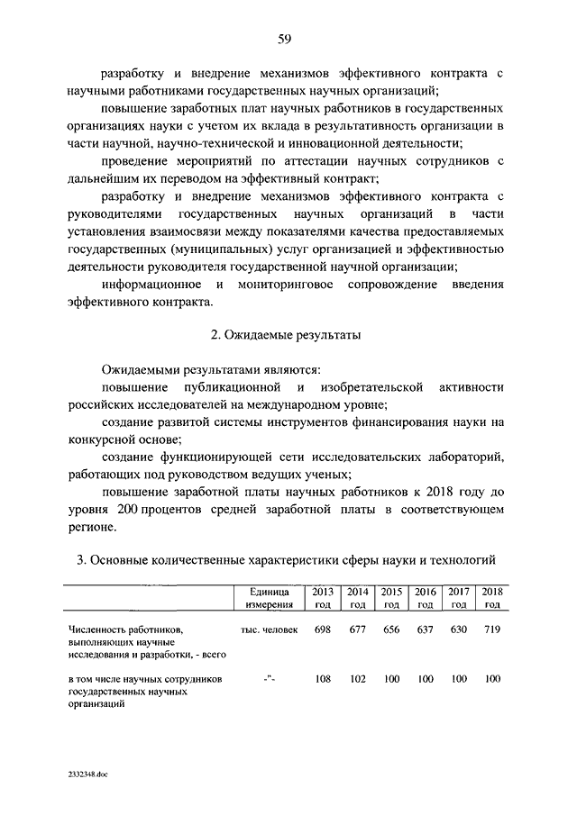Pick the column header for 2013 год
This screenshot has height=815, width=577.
click(x=322, y=598)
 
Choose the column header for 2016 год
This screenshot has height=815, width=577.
click(x=425, y=598)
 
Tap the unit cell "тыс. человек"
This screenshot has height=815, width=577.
click(x=269, y=630)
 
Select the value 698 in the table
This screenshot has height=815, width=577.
click(x=322, y=630)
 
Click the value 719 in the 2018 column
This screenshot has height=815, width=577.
click(x=492, y=630)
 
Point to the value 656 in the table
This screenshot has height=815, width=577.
click(x=390, y=630)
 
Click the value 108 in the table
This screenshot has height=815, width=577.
click(x=322, y=679)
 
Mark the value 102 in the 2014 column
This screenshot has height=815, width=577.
click(x=356, y=679)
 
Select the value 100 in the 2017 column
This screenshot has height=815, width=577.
click(x=459, y=679)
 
